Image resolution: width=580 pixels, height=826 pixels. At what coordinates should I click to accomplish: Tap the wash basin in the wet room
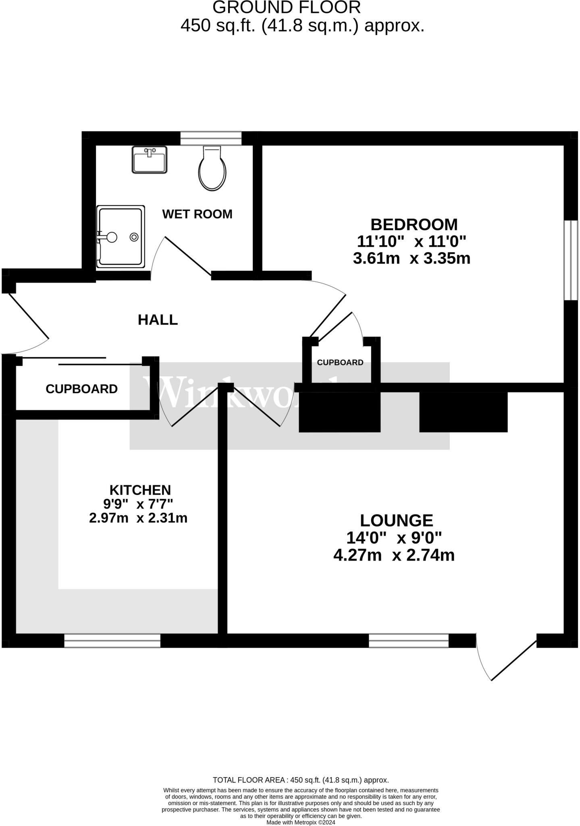coord(150,160)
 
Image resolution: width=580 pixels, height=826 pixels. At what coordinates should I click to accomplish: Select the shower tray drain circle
coord(134,237)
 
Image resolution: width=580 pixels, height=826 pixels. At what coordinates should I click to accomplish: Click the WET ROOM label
coord(197,214)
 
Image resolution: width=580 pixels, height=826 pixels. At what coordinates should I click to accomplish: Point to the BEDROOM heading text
coord(414,224)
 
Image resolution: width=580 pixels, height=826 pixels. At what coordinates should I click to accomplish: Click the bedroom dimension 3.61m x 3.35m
coord(412,258)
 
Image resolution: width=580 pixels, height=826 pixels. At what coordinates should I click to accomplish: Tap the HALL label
coord(158,320)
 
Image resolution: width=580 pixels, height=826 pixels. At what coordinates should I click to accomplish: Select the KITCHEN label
coord(140,490)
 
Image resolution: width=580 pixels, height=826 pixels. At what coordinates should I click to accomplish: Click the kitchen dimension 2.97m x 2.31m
coord(138,518)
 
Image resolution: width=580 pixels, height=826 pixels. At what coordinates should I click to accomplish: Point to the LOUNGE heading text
coord(396,520)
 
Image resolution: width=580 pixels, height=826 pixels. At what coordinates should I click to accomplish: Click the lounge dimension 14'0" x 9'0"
coord(394,538)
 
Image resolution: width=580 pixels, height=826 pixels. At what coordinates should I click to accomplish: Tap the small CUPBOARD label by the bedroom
coord(340,363)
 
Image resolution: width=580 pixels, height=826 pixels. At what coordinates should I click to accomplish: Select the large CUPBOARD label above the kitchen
coord(81,389)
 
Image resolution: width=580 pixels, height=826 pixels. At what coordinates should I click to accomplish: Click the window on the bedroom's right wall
coord(570,260)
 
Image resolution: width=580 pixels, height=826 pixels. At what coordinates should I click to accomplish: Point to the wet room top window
coord(211,138)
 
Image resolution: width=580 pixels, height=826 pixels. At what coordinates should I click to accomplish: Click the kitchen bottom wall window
coord(112,640)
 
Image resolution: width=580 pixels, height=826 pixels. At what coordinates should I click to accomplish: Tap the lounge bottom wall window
coord(408,640)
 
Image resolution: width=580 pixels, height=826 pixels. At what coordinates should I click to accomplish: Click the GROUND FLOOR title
coord(287,8)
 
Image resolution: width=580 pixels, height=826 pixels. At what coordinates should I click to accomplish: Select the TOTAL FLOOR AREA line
coord(301,780)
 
